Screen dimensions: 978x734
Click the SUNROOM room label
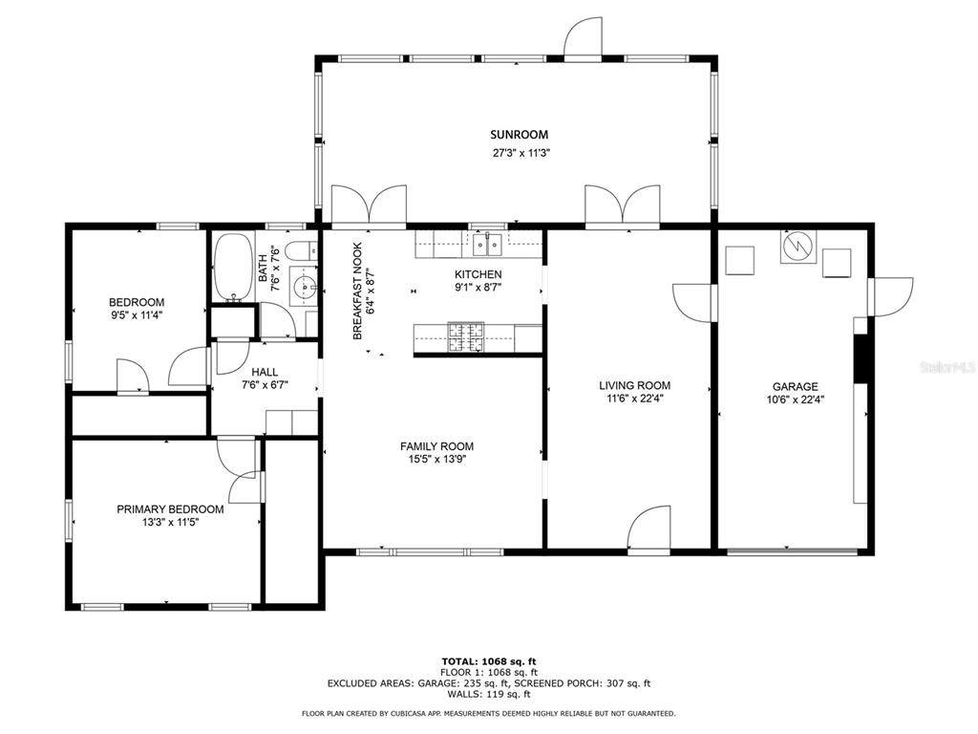519,134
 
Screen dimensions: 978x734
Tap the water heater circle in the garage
797,247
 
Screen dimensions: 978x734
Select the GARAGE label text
796,386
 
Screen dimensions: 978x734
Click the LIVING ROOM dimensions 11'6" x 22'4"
635,399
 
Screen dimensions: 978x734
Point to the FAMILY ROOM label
436,446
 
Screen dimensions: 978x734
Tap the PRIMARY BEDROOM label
170,509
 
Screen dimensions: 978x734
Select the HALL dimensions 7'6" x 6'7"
266,385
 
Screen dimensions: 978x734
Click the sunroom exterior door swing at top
584,38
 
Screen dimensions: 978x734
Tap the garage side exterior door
890,296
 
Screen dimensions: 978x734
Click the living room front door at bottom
648,529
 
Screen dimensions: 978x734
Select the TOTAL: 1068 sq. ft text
489,661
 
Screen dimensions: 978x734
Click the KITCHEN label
478,274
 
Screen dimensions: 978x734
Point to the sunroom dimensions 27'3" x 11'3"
521,152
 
